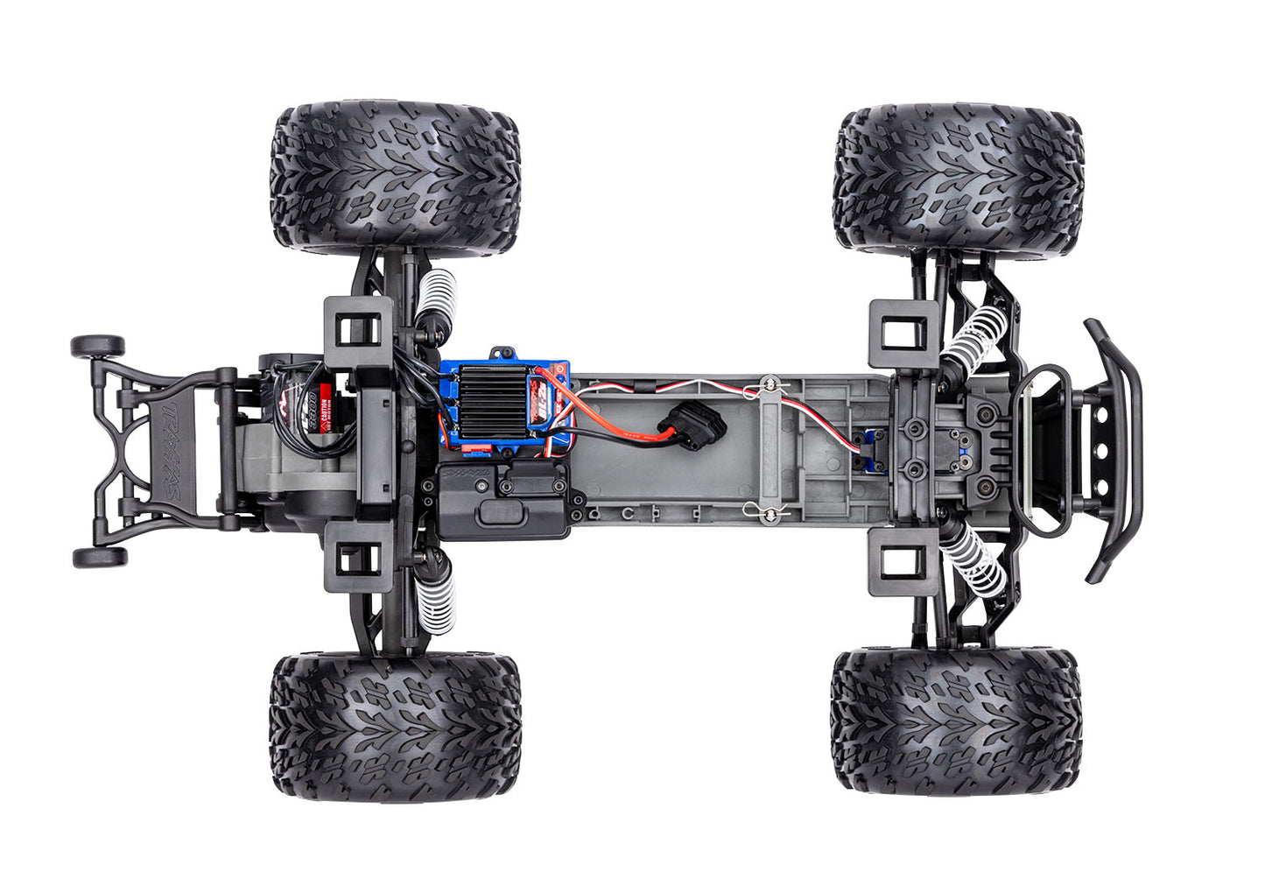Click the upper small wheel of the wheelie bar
tap(96, 345)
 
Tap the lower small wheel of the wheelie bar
tap(99, 557)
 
